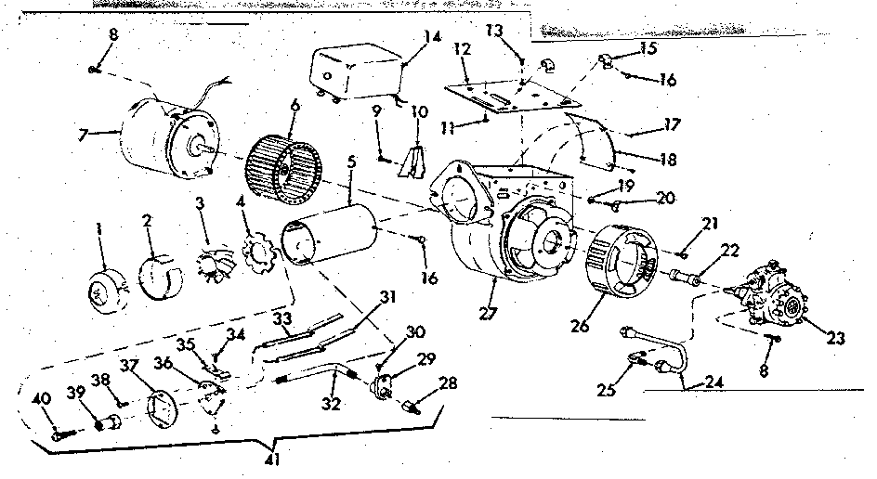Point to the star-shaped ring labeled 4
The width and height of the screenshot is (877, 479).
click(x=253, y=257)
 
